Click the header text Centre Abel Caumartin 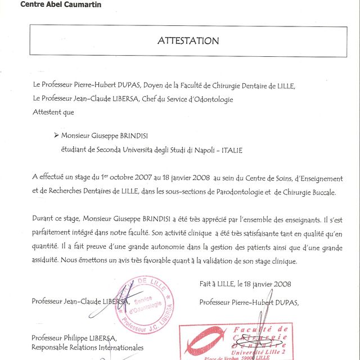[x=53, y=4]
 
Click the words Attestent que [x=53, y=112]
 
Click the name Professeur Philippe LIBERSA [x=74, y=338]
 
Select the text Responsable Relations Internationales [x=88, y=348]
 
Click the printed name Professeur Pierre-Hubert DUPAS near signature [x=249, y=302]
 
